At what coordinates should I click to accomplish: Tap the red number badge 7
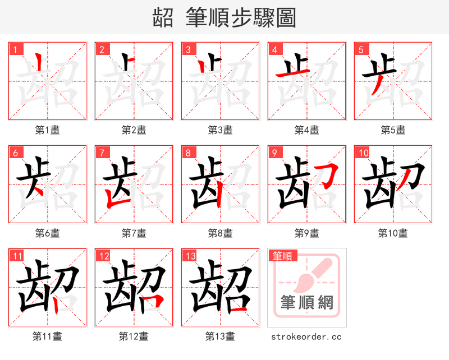102,153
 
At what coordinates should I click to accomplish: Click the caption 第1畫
48,130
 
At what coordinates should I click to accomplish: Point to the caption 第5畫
393,130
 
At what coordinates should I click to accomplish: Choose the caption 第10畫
393,233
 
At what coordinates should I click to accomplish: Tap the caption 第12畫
134,336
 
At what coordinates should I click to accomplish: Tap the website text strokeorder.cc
306,337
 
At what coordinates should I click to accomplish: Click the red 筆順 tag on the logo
282,256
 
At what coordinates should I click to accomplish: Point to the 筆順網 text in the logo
307,303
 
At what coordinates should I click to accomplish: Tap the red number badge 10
363,153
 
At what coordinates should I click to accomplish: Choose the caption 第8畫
220,233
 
